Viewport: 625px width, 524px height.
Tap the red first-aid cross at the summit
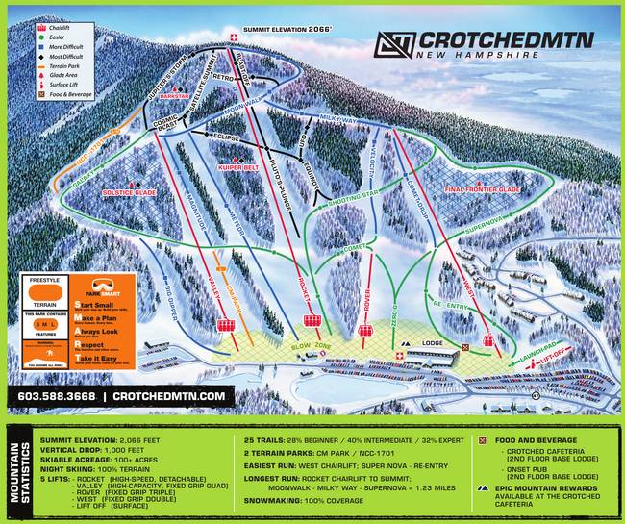(x=231, y=37)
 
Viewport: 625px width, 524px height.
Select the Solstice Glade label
(x=128, y=191)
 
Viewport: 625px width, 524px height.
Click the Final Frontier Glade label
(x=482, y=190)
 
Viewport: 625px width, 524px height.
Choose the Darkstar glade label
(x=175, y=97)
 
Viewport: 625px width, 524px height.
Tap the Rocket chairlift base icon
(x=312, y=321)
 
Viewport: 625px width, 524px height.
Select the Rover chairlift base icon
(x=365, y=331)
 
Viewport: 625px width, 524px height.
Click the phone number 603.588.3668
(x=56, y=396)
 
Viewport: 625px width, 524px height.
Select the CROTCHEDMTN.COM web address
(x=169, y=396)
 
